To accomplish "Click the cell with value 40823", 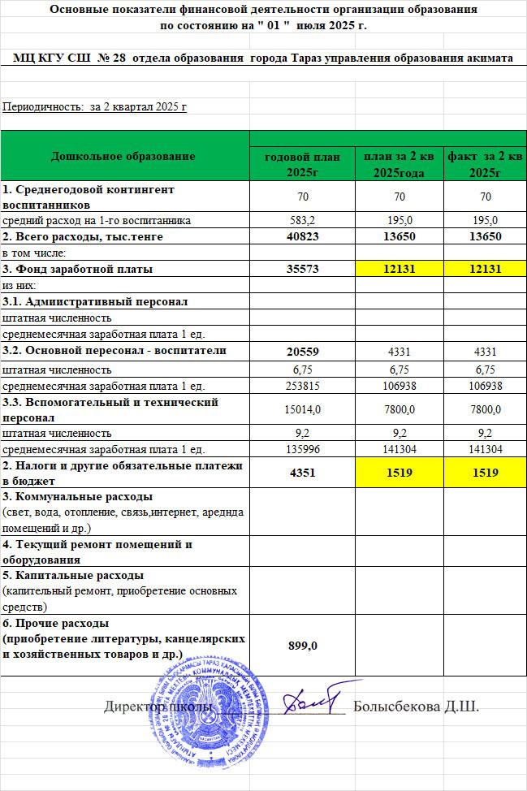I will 302,236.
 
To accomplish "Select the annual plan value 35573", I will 302,269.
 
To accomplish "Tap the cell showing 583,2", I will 302,220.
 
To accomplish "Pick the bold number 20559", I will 302,351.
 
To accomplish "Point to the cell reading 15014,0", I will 302,409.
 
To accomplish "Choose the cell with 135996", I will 302,449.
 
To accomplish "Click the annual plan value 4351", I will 302,473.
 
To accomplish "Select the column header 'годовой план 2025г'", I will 302,164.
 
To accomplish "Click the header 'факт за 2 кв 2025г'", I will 485,164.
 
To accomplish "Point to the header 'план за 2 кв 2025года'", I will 399,164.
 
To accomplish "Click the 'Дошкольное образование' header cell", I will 123,155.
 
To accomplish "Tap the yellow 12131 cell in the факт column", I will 485,269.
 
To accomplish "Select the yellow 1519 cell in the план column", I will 399,473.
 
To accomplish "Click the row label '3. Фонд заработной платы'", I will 78,269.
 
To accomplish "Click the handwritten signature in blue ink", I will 313,698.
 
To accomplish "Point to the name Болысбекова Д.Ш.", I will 416,707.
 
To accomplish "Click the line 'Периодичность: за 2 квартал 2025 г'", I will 95,106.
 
